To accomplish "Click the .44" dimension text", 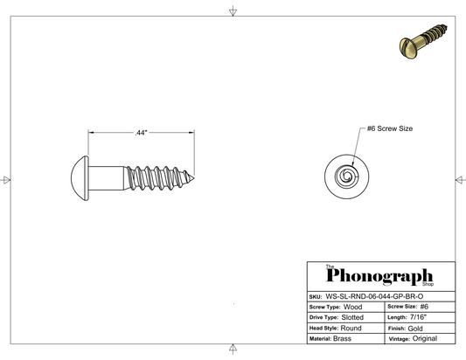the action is click(141, 133).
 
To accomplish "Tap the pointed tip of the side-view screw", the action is click(194, 178).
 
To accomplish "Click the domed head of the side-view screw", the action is click(80, 178).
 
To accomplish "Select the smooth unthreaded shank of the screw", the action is click(107, 178).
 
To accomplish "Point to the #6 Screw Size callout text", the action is click(390, 128).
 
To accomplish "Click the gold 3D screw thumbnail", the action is click(423, 41).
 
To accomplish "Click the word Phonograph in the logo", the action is click(379, 276).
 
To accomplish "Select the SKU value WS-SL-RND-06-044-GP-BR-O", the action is click(374, 296).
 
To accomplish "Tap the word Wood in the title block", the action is click(352, 307).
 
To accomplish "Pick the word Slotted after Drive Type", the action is click(352, 317).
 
